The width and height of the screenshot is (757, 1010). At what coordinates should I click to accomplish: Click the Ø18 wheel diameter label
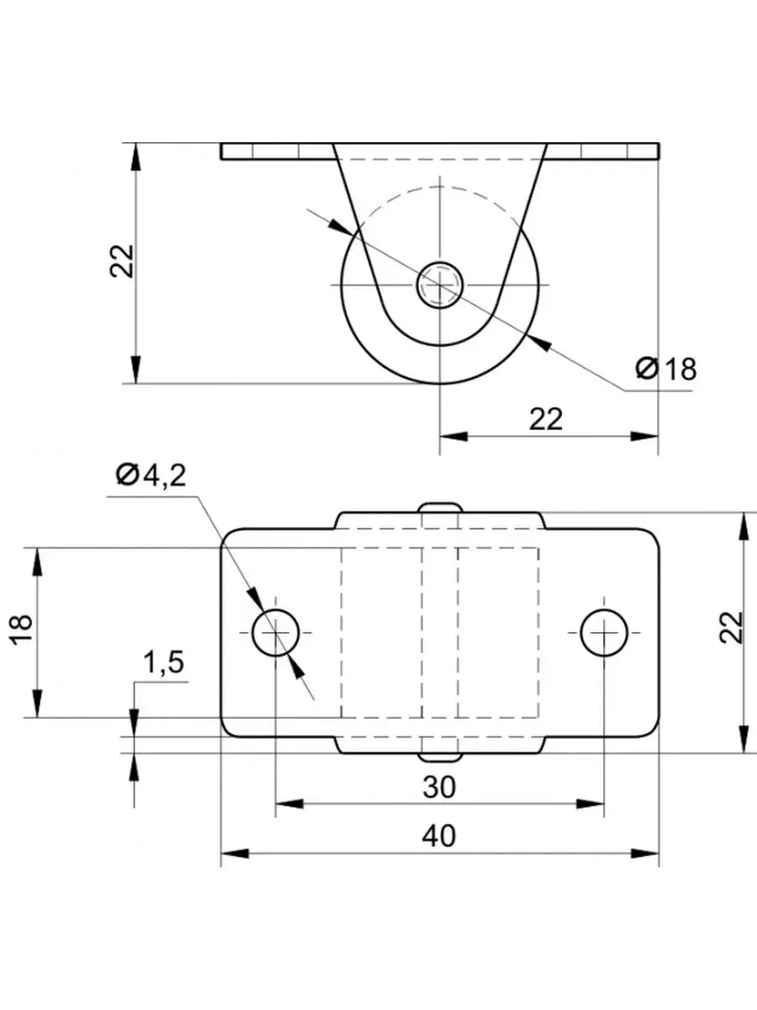click(667, 369)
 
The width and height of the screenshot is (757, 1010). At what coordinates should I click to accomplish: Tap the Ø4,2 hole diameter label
click(151, 476)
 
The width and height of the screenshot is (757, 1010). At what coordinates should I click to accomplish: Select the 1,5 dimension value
click(163, 663)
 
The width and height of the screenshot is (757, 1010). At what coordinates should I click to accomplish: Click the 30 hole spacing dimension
click(439, 787)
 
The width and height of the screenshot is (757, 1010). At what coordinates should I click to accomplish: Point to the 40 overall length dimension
click(439, 836)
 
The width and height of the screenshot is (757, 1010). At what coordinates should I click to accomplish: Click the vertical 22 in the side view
click(122, 262)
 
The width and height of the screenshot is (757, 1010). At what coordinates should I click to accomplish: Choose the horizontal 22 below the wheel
click(546, 419)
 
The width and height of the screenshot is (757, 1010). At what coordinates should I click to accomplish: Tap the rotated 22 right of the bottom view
click(733, 627)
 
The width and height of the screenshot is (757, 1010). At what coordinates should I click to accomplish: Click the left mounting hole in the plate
click(276, 632)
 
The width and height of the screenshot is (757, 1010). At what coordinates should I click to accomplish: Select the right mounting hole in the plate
click(603, 632)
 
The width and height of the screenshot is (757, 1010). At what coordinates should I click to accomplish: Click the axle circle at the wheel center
click(440, 284)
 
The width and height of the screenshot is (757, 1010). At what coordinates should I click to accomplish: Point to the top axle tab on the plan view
click(440, 508)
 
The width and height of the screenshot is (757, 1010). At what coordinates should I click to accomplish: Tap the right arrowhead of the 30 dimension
click(592, 805)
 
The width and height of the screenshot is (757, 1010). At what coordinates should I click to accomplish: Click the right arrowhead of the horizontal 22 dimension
click(646, 436)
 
